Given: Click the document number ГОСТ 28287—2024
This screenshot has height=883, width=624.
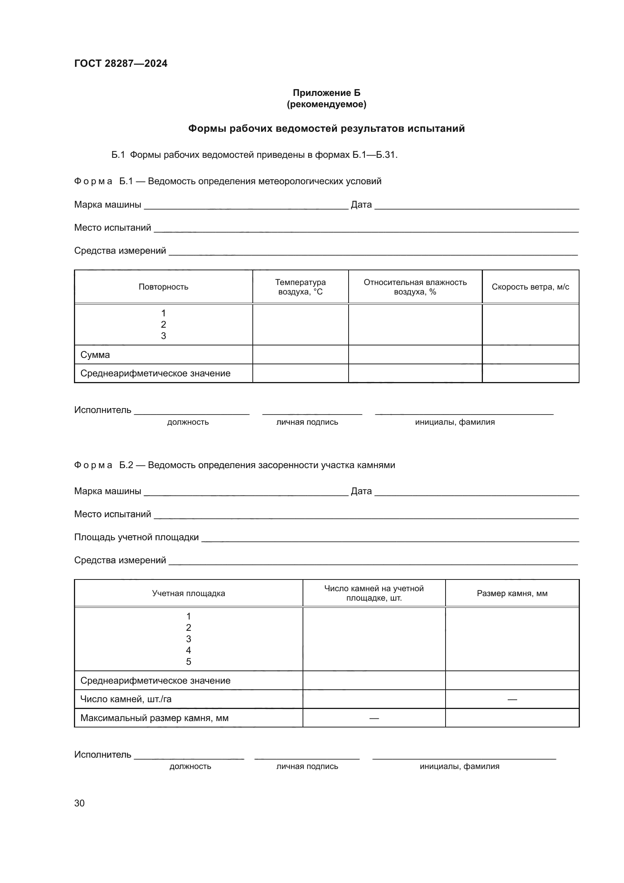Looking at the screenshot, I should click(x=121, y=63).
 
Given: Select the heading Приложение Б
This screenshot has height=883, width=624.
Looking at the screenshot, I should click(x=326, y=93).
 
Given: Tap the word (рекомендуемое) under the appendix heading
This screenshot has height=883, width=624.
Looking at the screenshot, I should click(x=326, y=104).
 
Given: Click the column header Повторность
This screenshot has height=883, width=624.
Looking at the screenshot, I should click(x=163, y=287).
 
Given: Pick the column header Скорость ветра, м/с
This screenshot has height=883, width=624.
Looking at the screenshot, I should click(x=530, y=287).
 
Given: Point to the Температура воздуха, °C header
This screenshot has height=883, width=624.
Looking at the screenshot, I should click(x=300, y=287).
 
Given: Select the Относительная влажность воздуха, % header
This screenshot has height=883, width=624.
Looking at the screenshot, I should click(x=415, y=287).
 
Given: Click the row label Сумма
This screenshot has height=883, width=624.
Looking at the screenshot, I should click(x=95, y=354).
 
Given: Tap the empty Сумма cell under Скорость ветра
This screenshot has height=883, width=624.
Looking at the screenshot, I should click(x=530, y=354).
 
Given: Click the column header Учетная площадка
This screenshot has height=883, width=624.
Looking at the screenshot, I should click(x=188, y=593).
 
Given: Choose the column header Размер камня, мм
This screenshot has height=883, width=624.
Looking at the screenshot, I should click(x=512, y=593).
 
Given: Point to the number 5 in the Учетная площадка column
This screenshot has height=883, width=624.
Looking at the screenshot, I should click(x=188, y=662).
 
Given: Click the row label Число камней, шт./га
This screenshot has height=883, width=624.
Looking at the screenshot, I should click(x=126, y=699).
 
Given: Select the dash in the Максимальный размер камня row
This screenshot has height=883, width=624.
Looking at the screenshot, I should click(x=374, y=718).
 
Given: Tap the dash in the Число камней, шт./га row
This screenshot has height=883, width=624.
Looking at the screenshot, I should click(x=512, y=699).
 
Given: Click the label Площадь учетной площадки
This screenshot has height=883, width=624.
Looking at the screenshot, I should click(x=137, y=537).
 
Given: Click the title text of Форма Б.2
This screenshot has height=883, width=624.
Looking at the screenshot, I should click(x=271, y=465).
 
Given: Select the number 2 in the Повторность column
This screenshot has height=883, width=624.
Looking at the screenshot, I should click(x=163, y=325).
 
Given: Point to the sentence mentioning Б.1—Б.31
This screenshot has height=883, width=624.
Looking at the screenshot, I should click(x=254, y=155).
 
